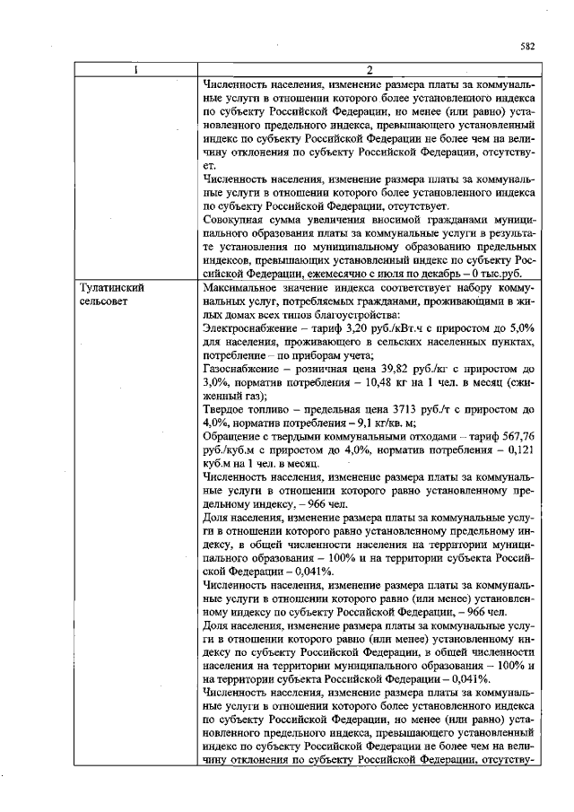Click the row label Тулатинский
tap(111, 290)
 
